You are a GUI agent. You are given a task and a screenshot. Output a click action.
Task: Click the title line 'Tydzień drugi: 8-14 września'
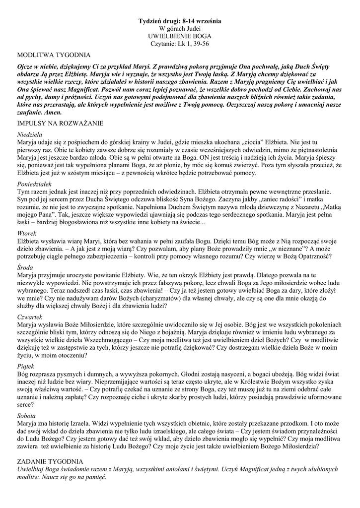pyautogui.click(x=180, y=21)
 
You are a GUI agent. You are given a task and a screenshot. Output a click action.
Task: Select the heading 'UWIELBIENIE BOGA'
pyautogui.click(x=180, y=36)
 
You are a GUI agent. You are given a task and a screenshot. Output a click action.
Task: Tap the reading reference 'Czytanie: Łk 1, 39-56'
pyautogui.click(x=180, y=44)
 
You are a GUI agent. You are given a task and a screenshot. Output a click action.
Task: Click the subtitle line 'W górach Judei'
pyautogui.click(x=180, y=29)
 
